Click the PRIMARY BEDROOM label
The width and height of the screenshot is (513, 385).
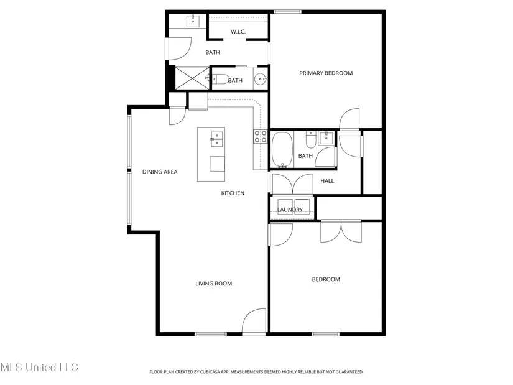click(326, 73)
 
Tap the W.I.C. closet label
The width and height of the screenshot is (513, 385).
click(238, 32)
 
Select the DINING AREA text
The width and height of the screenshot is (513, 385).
click(160, 172)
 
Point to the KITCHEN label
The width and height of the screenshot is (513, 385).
click(233, 193)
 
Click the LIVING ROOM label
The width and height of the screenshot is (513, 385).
click(214, 284)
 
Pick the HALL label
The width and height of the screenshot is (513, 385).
click(327, 181)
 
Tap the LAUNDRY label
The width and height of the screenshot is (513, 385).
click(290, 210)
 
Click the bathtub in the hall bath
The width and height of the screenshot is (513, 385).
click(282, 150)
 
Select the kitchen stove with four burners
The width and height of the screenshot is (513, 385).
click(261, 136)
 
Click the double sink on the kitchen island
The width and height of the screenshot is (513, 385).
click(216, 139)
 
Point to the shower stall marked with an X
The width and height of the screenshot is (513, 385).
click(192, 78)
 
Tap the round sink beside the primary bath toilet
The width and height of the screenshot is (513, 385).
click(261, 78)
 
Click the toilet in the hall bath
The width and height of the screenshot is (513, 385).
click(310, 140)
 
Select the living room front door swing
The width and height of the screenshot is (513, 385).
click(254, 322)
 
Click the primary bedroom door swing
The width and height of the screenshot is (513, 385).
click(349, 119)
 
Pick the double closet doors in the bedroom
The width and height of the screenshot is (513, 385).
click(341, 231)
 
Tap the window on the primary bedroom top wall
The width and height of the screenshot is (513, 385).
click(287, 12)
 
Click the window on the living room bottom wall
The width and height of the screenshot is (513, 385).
click(211, 334)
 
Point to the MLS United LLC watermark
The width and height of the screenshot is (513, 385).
click(39, 368)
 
